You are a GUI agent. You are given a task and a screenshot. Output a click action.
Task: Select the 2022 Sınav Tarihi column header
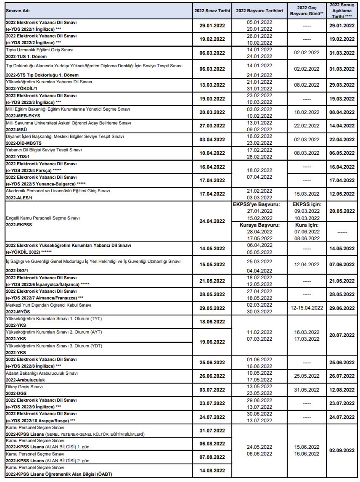(x=212, y=11)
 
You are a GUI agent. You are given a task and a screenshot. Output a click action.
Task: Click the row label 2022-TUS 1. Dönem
(x=26, y=56)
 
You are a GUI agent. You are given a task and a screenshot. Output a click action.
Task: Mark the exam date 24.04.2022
(x=212, y=221)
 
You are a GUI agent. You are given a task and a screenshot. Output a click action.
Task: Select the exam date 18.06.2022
(x=212, y=322)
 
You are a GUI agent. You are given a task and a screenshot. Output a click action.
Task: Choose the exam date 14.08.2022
(x=212, y=471)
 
